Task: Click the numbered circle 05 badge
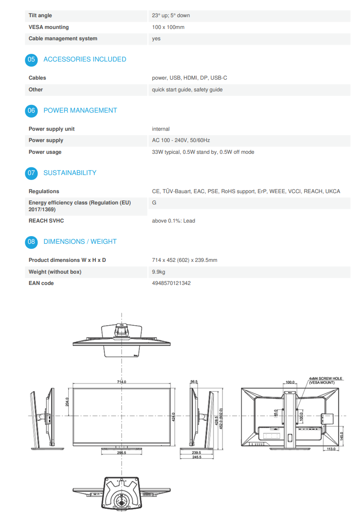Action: pos(31,59)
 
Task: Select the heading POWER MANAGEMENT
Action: pos(80,110)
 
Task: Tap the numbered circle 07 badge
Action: pos(31,173)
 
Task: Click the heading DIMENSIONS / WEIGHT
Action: pos(80,242)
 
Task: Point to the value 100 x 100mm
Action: pos(168,27)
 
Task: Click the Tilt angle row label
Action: pos(40,15)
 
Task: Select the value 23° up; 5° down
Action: pos(171,15)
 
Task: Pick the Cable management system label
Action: pos(63,38)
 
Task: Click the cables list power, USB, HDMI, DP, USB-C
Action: pos(189,78)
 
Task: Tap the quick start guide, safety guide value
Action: pos(187,90)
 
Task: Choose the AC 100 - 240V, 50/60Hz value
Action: pos(181,140)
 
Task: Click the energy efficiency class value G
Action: pos(154,203)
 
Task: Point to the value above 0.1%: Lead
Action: pos(174,221)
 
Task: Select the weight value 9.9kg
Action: pos(158,272)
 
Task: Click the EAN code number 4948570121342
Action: pos(171,283)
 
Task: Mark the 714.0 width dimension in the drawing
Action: pos(121,382)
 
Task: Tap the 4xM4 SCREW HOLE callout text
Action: pos(326,379)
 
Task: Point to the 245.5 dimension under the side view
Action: pos(196,457)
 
